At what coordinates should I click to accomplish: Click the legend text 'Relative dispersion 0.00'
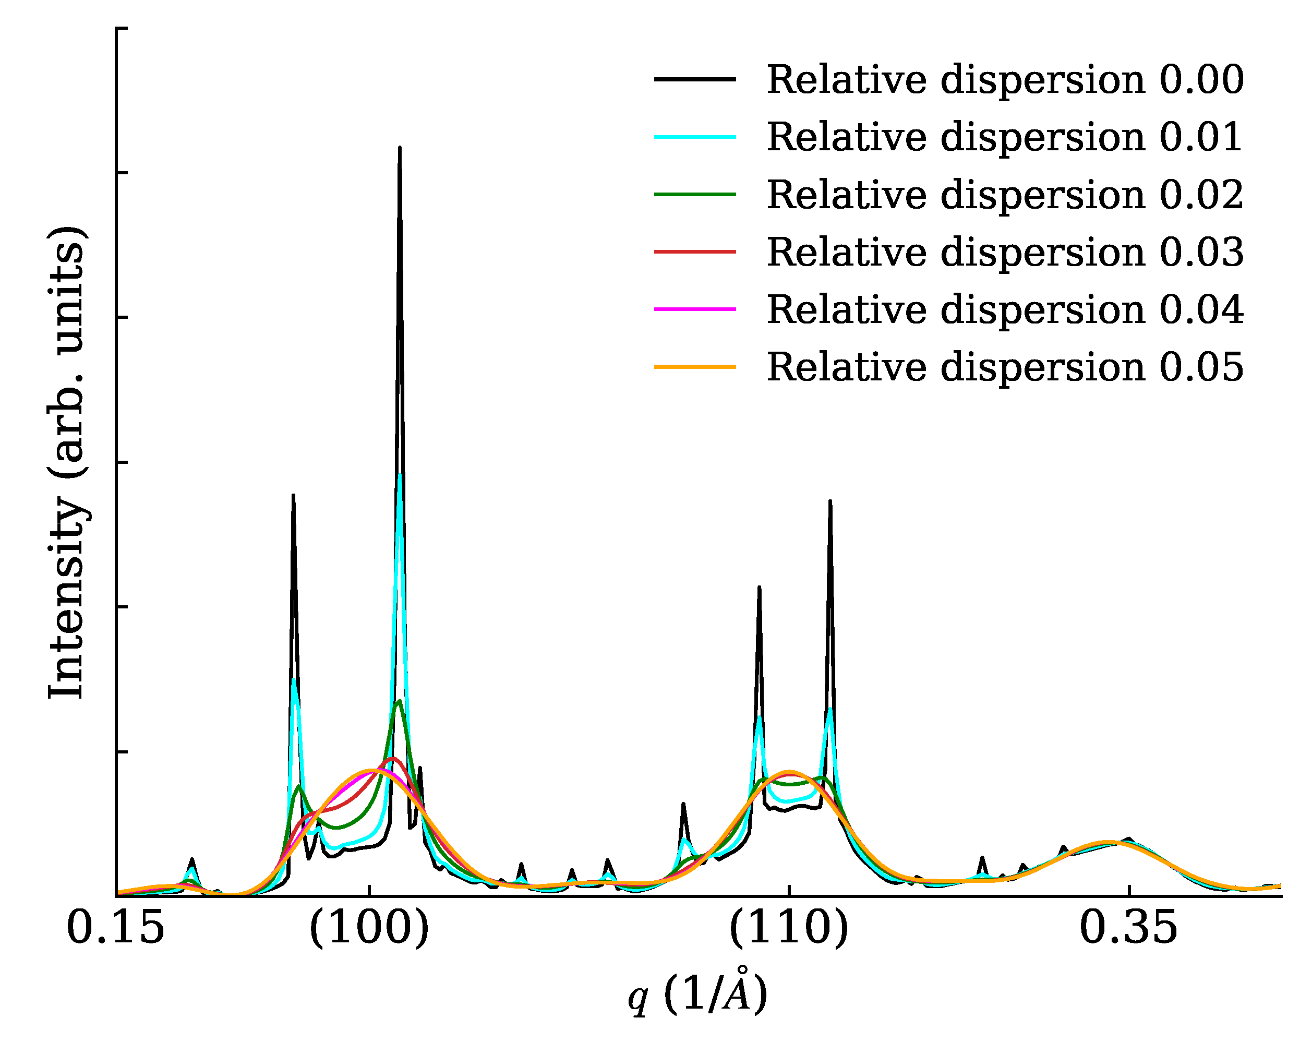pos(1005,80)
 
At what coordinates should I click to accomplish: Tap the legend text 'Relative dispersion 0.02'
pos(1005,195)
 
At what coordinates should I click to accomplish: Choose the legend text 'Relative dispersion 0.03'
pos(1005,252)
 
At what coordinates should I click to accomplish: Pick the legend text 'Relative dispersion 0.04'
pos(1005,310)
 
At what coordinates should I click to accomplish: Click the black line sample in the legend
pos(695,79)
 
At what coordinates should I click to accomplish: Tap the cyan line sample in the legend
pos(695,137)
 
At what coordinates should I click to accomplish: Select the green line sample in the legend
pos(695,194)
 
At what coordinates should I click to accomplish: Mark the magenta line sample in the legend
pos(695,309)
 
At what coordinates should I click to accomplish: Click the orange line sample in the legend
pos(695,366)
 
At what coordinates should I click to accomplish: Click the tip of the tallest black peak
pos(400,147)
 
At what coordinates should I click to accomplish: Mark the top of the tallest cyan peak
pos(400,475)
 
